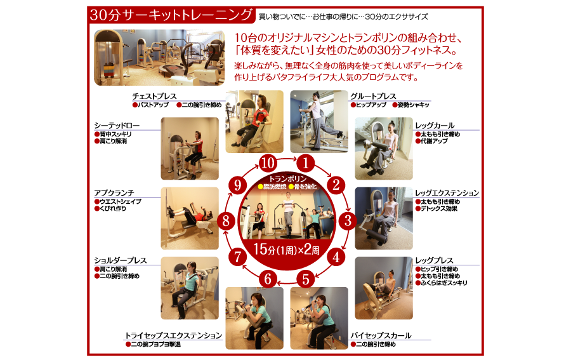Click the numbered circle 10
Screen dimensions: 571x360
pos(268,163)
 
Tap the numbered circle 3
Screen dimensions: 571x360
pos(348,220)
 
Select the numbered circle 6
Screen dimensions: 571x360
pos(268,279)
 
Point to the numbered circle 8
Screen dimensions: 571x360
pos(226,220)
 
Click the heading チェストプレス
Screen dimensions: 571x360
pos(154,97)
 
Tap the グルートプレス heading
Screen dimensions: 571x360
pos(373,97)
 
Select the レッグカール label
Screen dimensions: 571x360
pos(435,125)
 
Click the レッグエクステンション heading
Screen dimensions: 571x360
pos(447,193)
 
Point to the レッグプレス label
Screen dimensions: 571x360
pos(435,260)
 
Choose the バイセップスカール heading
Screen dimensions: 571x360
pos(381,335)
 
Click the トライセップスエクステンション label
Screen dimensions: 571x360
pos(174,335)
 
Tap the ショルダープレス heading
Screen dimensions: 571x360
pos(121,260)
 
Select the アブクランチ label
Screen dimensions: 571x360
pos(114,193)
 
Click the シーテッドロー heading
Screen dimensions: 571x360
pos(117,125)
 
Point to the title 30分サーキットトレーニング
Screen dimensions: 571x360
pos(171,15)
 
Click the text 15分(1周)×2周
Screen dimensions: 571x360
pos(287,250)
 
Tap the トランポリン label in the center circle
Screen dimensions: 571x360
pos(287,179)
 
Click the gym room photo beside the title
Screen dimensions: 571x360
pos(159,58)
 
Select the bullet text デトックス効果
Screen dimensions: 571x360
pos(439,208)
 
